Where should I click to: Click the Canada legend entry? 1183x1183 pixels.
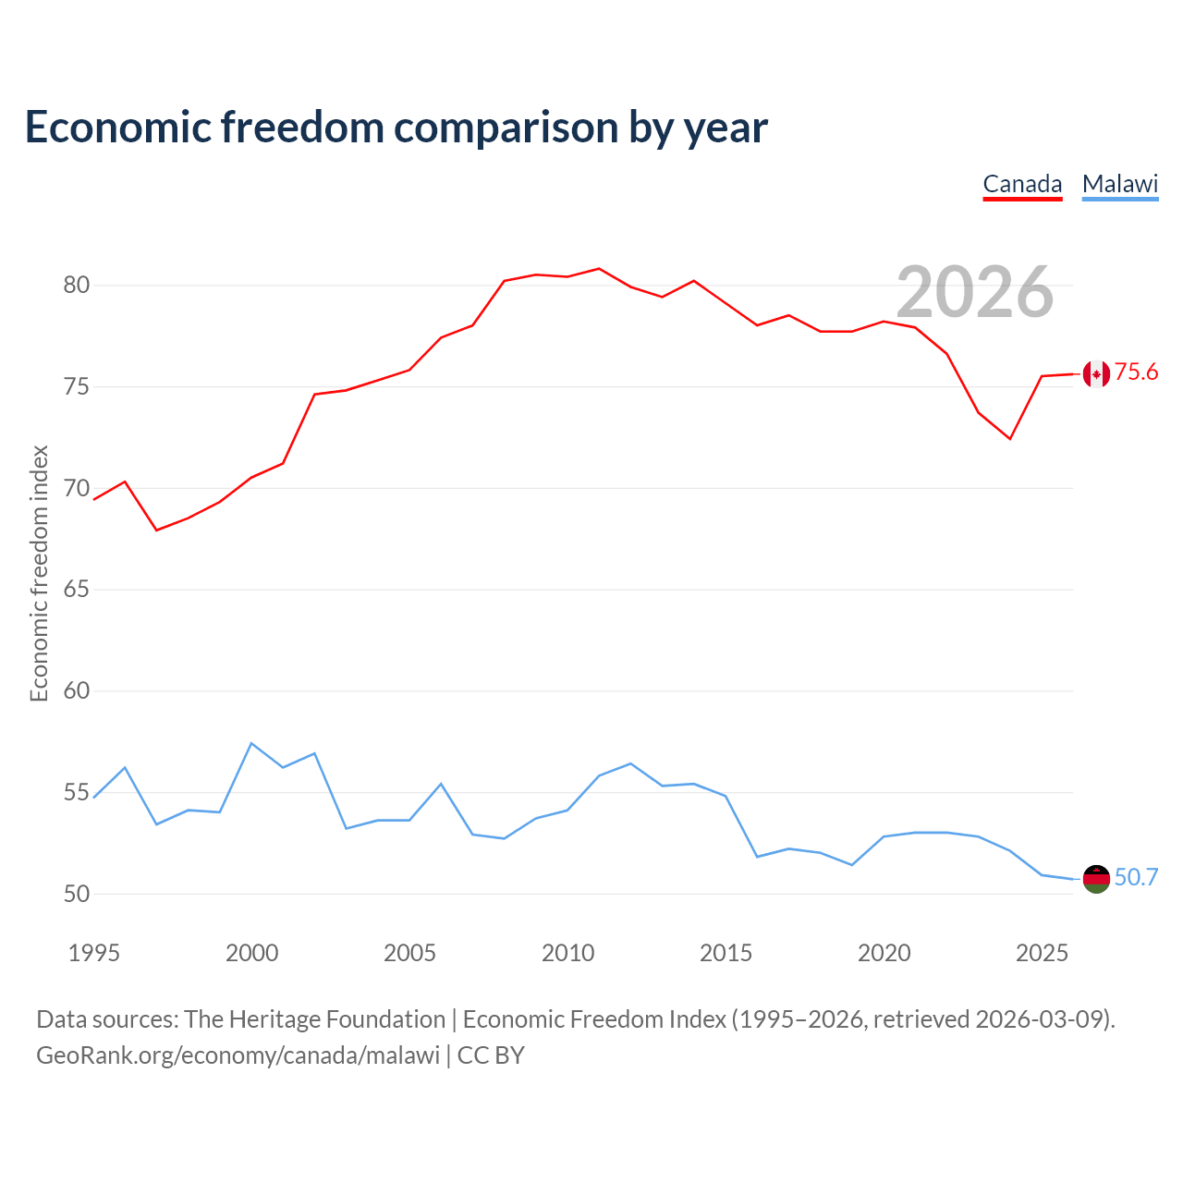[x=1022, y=185]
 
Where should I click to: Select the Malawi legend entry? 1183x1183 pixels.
[x=1120, y=185]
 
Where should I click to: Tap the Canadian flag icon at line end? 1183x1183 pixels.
[x=1096, y=374]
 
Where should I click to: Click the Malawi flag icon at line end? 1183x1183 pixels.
[x=1096, y=879]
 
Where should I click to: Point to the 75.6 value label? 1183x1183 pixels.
[x=1136, y=372]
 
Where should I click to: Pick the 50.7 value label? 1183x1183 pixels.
[x=1136, y=877]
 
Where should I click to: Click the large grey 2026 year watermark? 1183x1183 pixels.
[x=975, y=292]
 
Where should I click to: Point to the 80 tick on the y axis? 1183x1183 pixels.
[x=76, y=285]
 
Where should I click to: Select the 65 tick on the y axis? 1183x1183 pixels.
[x=76, y=590]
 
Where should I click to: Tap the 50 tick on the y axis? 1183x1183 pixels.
[x=76, y=894]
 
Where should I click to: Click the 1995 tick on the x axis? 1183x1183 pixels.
[x=94, y=953]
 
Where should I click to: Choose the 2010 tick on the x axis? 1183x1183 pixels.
[x=567, y=953]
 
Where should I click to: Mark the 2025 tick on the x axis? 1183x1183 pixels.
[x=1042, y=953]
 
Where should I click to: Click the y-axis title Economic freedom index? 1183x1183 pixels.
[x=39, y=573]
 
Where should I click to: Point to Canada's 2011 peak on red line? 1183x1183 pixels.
[x=599, y=268]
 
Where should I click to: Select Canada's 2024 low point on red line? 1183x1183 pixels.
[x=1010, y=439]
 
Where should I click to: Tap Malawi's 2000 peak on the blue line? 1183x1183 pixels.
[x=251, y=743]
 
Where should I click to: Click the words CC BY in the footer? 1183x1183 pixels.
[x=491, y=1055]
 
